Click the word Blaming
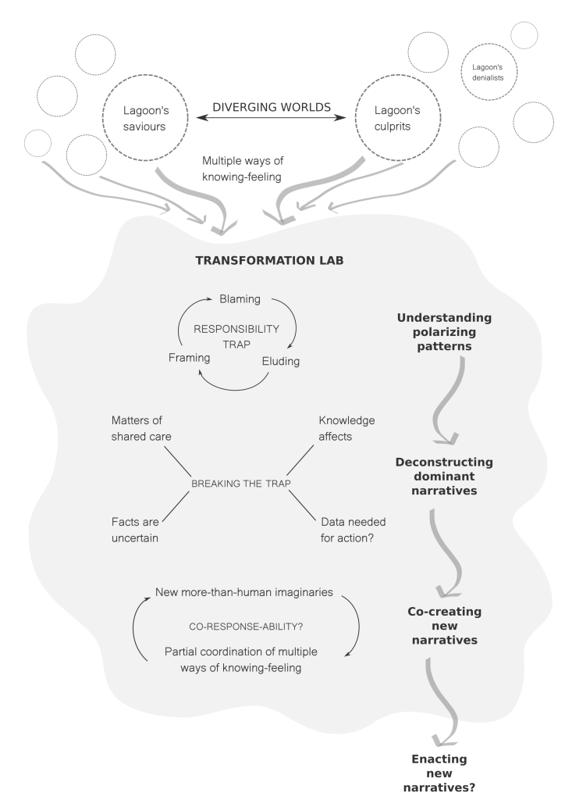click(240, 299)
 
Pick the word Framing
click(191, 357)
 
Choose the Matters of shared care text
click(148, 429)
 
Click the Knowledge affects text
click(347, 429)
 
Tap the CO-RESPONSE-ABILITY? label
click(242, 627)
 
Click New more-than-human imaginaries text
click(245, 592)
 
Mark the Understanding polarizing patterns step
click(443, 332)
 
